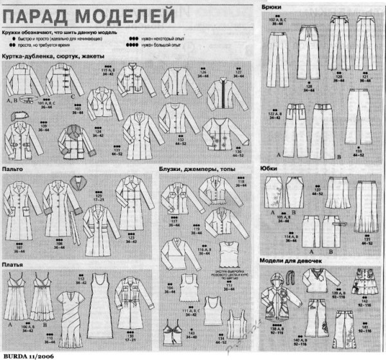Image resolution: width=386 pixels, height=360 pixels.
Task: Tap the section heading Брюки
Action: (x=271, y=6)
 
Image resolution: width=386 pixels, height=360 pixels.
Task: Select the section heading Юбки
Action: (x=270, y=168)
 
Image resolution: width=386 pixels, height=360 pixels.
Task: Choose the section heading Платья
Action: (x=14, y=264)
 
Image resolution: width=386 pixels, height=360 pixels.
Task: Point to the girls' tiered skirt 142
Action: (x=361, y=282)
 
